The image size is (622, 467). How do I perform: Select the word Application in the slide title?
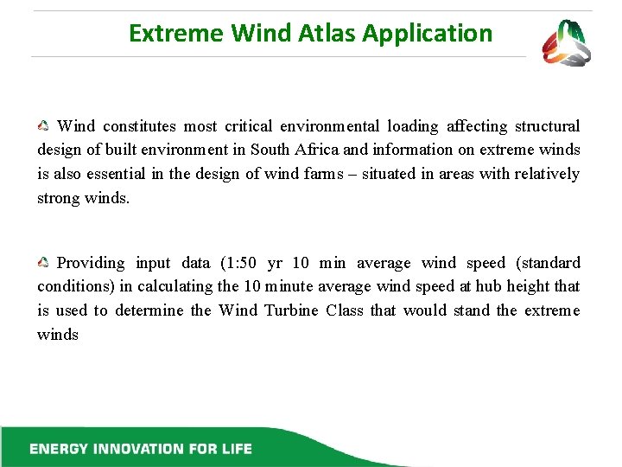pos(427,35)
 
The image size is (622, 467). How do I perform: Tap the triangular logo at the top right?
pos(566,43)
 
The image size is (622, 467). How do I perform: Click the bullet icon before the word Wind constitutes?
pos(43,126)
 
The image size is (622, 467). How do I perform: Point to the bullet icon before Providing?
pos(43,263)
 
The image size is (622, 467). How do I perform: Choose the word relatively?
pos(547,174)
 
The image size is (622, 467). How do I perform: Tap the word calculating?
pos(176,286)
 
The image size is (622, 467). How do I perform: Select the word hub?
pos(485,286)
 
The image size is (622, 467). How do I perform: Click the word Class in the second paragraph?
pos(345,310)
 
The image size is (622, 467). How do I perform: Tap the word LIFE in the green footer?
pos(235,449)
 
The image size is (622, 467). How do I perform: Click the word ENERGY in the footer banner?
pos(59,449)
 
